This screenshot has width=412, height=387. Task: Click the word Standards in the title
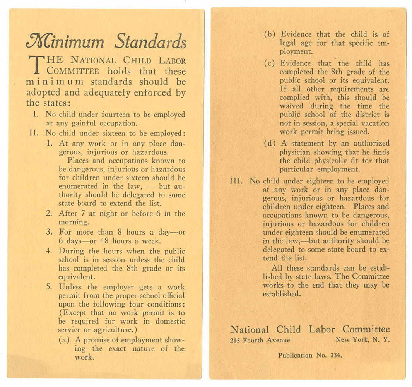pyautogui.click(x=150, y=41)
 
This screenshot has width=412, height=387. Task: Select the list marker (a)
pyautogui.click(x=65, y=340)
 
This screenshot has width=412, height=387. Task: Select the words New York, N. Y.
pyautogui.click(x=362, y=340)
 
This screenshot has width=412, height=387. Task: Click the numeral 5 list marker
pyautogui.click(x=49, y=287)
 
